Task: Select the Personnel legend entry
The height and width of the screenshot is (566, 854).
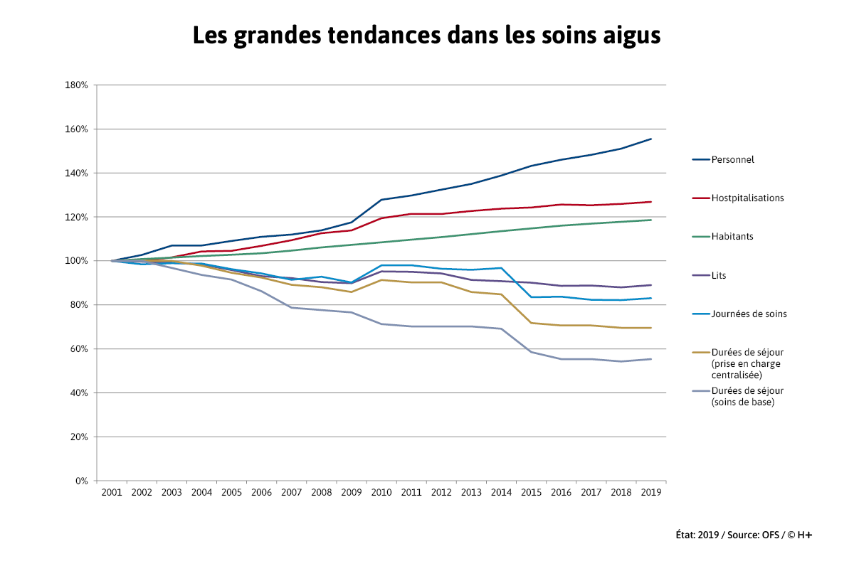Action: point(732,159)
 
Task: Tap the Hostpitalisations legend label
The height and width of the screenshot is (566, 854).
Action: point(747,198)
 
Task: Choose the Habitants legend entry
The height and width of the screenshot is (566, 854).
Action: point(732,236)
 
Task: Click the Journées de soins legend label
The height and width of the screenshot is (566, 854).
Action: point(749,314)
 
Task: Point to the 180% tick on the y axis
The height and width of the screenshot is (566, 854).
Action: point(76,85)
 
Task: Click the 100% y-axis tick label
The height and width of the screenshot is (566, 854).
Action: point(76,261)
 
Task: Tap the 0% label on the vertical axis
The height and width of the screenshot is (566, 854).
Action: point(80,481)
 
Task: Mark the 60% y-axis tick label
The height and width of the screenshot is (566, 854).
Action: point(78,349)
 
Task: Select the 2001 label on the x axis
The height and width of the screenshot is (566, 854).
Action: point(112,492)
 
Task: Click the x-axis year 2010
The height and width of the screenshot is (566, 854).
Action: point(381,492)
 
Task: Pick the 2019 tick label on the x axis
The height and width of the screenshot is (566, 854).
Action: point(650,492)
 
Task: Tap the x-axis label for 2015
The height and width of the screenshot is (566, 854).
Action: point(530,492)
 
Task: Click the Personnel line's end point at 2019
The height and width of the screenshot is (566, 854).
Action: point(650,139)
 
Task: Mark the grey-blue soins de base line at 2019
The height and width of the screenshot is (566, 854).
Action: point(650,359)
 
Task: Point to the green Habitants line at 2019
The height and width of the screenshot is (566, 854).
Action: point(650,220)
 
